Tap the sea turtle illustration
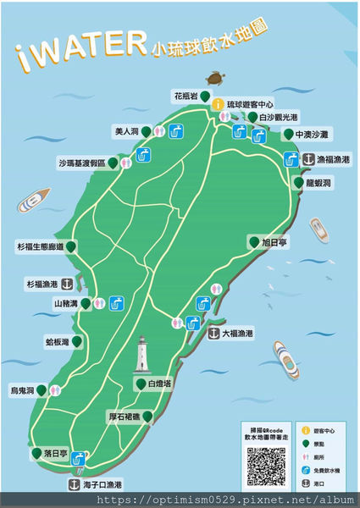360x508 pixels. pos(220,79)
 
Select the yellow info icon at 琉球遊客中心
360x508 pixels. pos(217,104)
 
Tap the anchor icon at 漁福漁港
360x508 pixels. pos(308,159)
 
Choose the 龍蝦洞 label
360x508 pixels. pos(318,182)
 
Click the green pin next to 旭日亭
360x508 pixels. pos(252,242)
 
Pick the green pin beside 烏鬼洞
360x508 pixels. pos(41,390)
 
